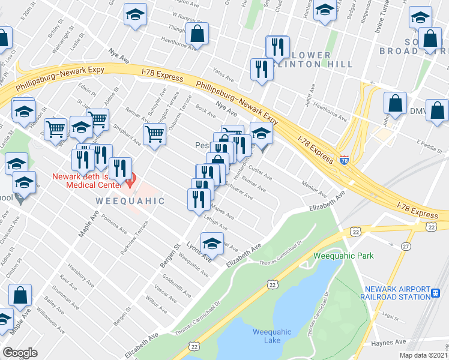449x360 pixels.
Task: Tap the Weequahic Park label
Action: click(x=343, y=256)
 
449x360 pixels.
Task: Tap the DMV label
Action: click(x=417, y=112)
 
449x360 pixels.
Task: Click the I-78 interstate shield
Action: click(x=344, y=160)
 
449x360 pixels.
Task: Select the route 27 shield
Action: click(x=406, y=246)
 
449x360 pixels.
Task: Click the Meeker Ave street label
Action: click(x=314, y=190)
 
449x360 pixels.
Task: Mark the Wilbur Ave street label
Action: click(x=157, y=303)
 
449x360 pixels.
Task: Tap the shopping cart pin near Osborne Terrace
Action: click(x=155, y=134)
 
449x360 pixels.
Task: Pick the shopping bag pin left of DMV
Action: click(x=396, y=103)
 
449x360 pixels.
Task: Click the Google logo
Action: click(x=20, y=353)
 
